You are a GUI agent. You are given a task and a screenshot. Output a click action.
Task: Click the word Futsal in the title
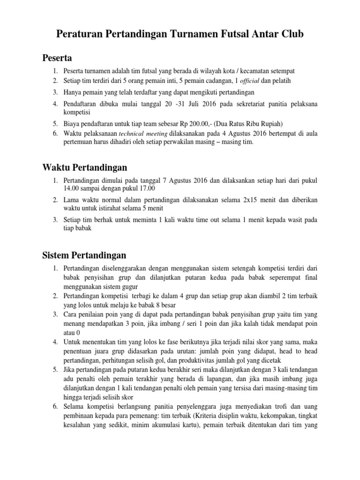[233, 34]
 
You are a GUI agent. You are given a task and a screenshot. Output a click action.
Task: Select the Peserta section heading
[57, 58]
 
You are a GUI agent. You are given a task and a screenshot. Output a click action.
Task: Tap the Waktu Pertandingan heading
[84, 167]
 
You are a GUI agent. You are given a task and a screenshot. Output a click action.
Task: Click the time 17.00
[138, 188]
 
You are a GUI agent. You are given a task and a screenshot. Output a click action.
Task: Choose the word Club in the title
[289, 34]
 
